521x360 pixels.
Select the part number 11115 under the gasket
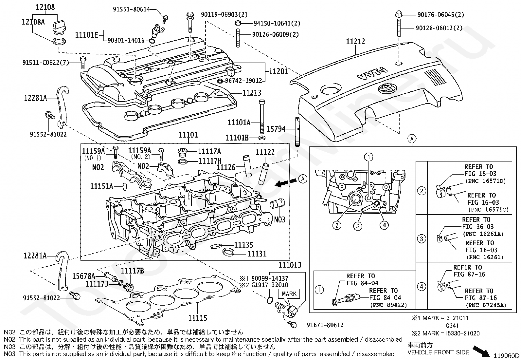click(x=198, y=317)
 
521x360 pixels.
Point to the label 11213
click(x=252, y=93)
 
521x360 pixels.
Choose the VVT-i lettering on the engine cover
click(x=373, y=74)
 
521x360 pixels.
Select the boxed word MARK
click(x=289, y=294)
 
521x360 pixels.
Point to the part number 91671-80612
click(x=325, y=325)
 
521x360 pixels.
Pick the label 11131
click(x=257, y=254)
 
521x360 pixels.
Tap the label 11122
click(x=265, y=152)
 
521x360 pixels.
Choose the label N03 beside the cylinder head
click(x=280, y=219)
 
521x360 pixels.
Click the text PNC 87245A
click(x=486, y=305)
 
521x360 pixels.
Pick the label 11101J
click(x=290, y=265)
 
